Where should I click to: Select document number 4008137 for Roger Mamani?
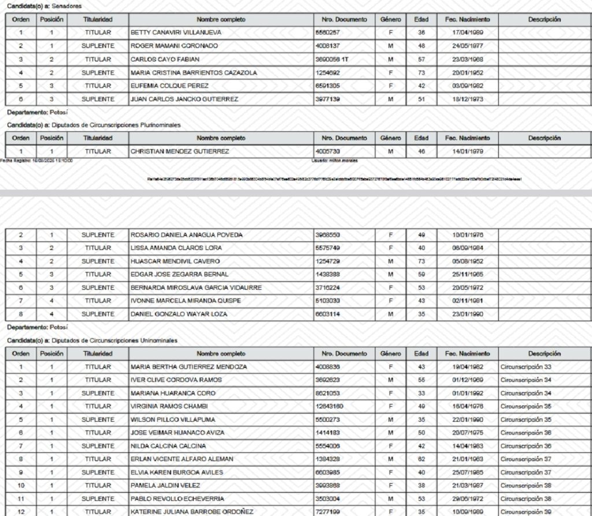(327, 46)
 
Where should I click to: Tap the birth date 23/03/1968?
(468, 60)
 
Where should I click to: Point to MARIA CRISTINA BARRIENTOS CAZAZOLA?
(194, 73)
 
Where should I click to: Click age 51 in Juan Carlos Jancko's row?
(421, 99)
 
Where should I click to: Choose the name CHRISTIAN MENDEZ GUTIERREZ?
(180, 152)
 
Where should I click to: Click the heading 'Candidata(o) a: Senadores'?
(44, 6)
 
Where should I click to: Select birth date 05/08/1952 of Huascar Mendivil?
(468, 261)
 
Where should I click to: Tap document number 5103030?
(327, 301)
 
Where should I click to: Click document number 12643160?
(330, 407)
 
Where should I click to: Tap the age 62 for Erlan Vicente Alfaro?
(421, 459)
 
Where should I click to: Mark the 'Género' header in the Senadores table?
(390, 20)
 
